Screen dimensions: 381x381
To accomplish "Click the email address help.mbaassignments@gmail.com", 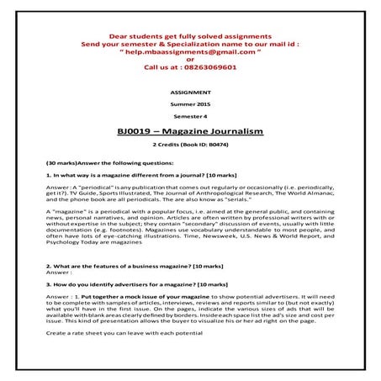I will tap(190, 50).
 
